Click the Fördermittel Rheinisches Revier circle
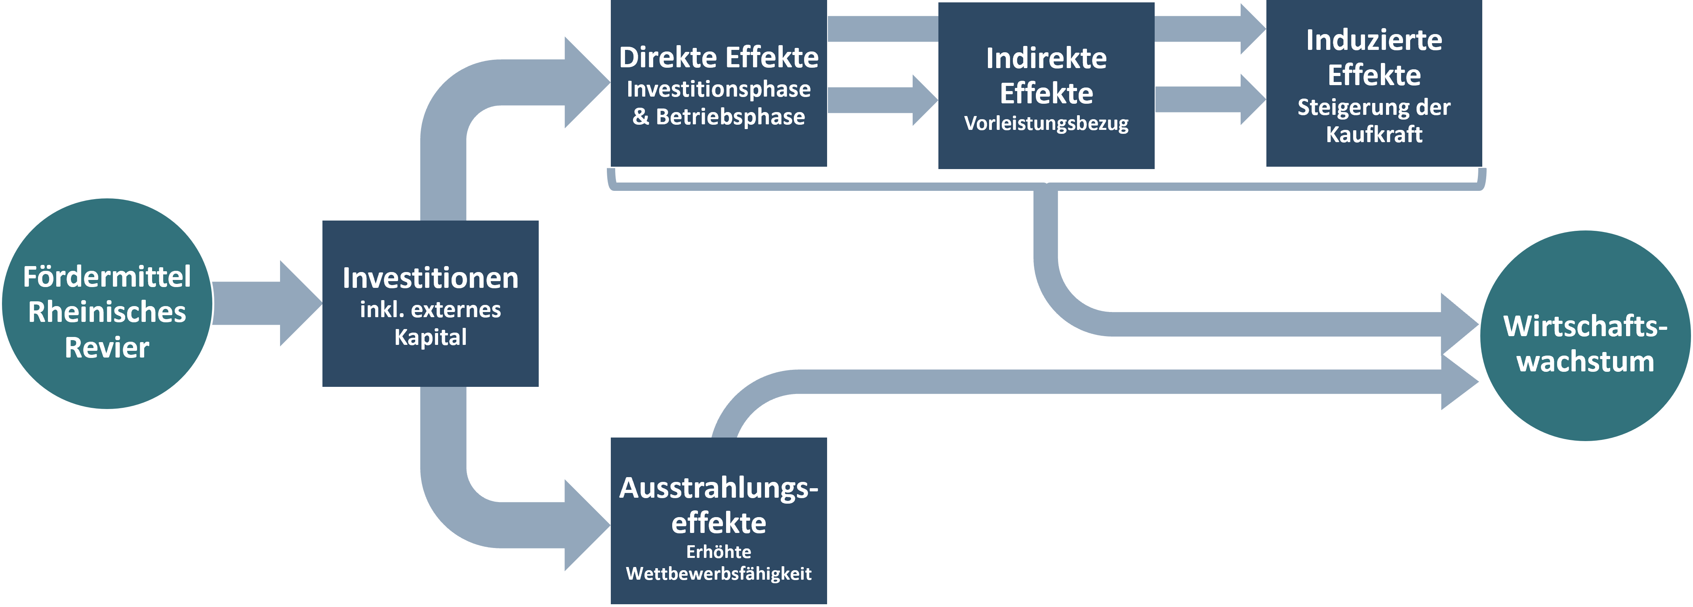pyautogui.click(x=107, y=303)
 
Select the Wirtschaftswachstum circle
pyautogui.click(x=1585, y=336)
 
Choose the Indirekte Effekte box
pyautogui.click(x=1046, y=86)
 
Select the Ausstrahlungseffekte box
pyautogui.click(x=718, y=520)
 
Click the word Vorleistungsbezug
pyautogui.click(x=1046, y=124)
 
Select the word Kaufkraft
pyautogui.click(x=1374, y=135)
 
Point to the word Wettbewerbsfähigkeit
pyautogui.click(x=718, y=573)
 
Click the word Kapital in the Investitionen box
pyautogui.click(x=431, y=337)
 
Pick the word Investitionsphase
pyautogui.click(x=718, y=89)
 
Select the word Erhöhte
pyautogui.click(x=718, y=552)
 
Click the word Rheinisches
pyautogui.click(x=107, y=312)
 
